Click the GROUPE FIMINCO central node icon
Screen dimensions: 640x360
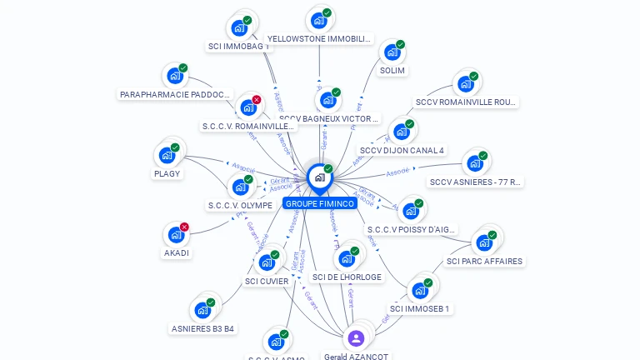point(318,177)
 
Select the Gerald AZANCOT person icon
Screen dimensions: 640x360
point(356,337)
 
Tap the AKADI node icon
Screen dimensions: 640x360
point(175,235)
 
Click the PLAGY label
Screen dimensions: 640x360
point(167,173)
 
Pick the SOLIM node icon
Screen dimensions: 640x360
point(391,53)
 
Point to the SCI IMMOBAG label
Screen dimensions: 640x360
point(239,47)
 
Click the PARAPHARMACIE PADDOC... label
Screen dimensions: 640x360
point(175,95)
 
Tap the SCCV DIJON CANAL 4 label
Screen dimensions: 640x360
point(402,151)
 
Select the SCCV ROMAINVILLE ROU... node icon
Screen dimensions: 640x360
point(464,85)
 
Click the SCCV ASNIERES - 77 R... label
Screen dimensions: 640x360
point(476,182)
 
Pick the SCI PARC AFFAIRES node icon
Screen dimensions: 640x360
point(482,243)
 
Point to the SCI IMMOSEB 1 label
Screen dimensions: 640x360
point(420,308)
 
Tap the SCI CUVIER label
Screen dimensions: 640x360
point(267,281)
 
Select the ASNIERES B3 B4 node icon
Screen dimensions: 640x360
point(202,311)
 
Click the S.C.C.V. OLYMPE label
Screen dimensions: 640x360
point(240,205)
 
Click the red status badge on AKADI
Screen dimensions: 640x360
point(185,227)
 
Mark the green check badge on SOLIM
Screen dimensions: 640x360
point(400,44)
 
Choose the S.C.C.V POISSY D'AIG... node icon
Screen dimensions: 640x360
point(410,212)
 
